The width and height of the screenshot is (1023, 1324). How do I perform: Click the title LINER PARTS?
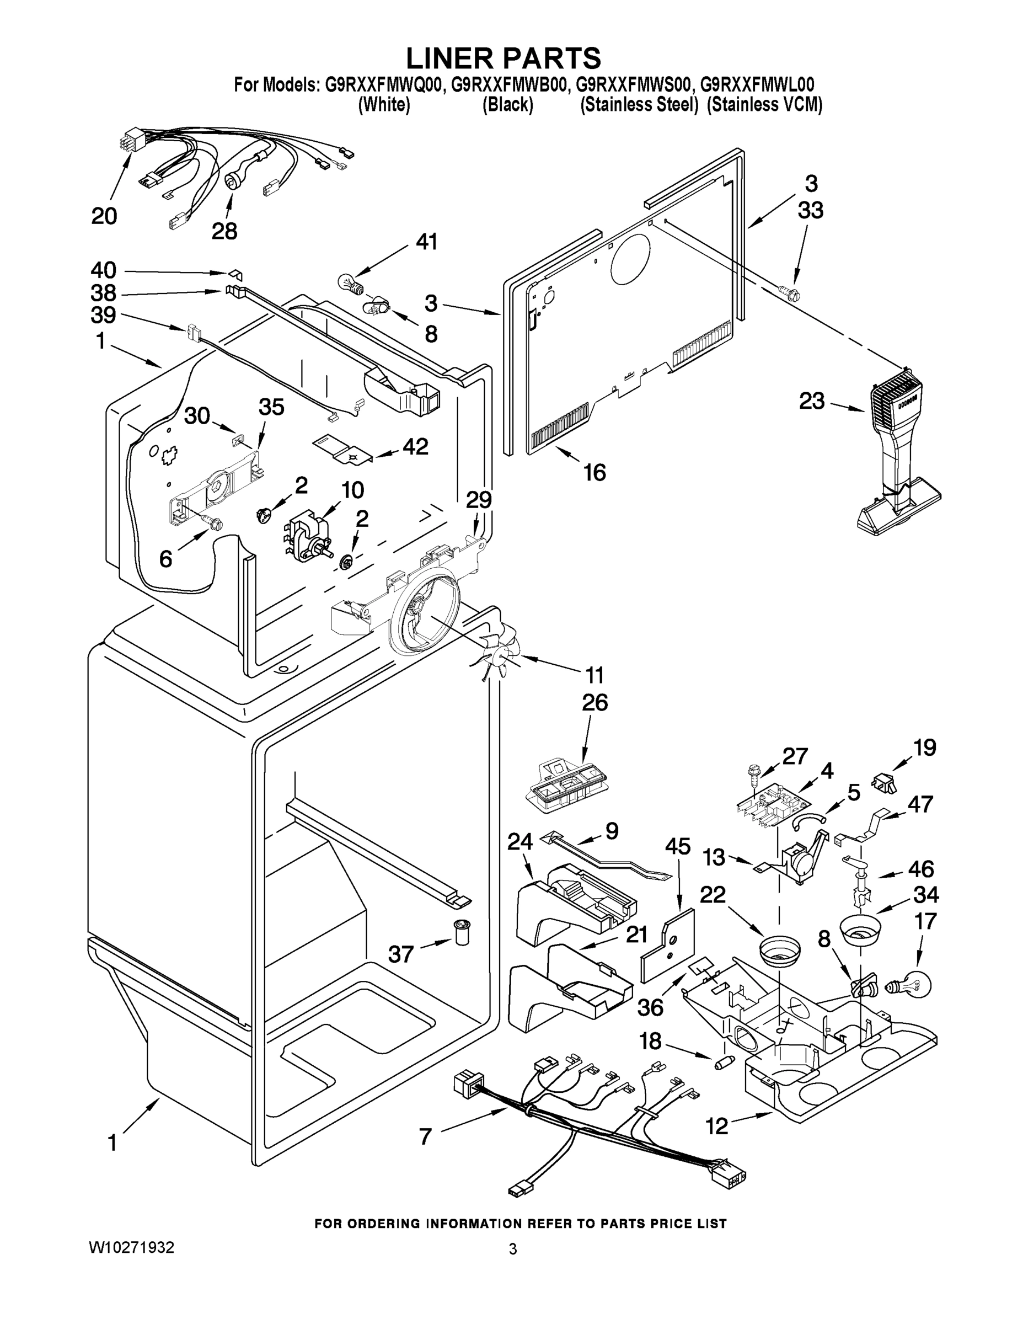tap(503, 58)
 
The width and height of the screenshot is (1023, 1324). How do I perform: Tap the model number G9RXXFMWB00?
tap(508, 84)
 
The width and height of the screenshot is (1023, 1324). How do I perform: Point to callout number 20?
tap(104, 216)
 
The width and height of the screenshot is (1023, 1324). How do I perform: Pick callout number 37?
tap(400, 954)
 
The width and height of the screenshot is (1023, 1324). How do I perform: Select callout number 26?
tap(594, 703)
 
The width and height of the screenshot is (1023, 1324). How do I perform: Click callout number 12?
tap(717, 1126)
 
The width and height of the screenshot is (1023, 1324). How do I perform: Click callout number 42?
tap(416, 447)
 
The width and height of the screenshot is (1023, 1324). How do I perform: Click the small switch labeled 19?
tap(884, 783)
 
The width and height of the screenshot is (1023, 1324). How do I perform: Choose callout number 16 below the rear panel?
tap(594, 472)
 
